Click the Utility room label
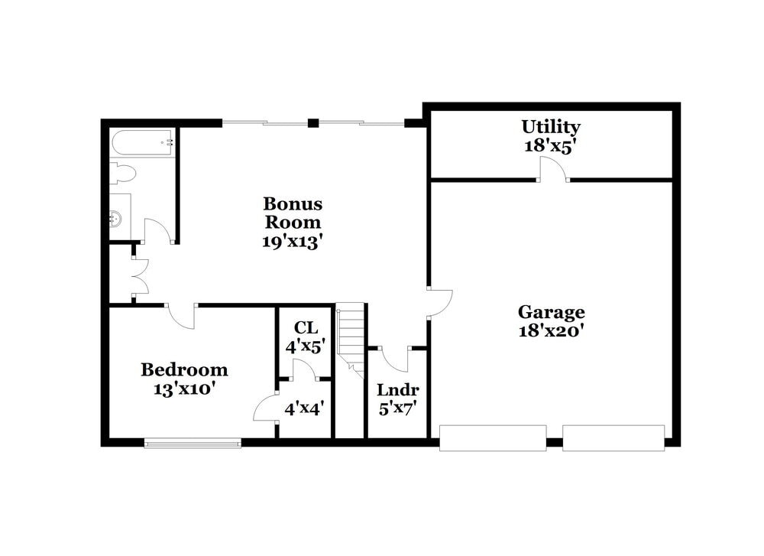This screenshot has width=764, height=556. pos(551,127)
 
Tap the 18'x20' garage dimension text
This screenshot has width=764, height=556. pos(551,331)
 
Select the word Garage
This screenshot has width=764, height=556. pos(551,312)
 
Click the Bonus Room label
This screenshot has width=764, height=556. pos(293,213)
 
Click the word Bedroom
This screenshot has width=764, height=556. pos(184,370)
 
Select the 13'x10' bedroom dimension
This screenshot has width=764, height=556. pos(184,389)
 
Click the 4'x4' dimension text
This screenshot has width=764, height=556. pos(305,409)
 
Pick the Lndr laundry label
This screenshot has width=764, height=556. pos(397,390)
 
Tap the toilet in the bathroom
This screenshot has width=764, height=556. pos(121,174)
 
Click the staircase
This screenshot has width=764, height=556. pos(351,337)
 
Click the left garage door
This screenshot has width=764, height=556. pos(493,437)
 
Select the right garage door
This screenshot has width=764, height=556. pos(613,437)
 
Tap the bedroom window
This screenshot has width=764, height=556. pos(193,442)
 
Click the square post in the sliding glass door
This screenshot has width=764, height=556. pos(312,122)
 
